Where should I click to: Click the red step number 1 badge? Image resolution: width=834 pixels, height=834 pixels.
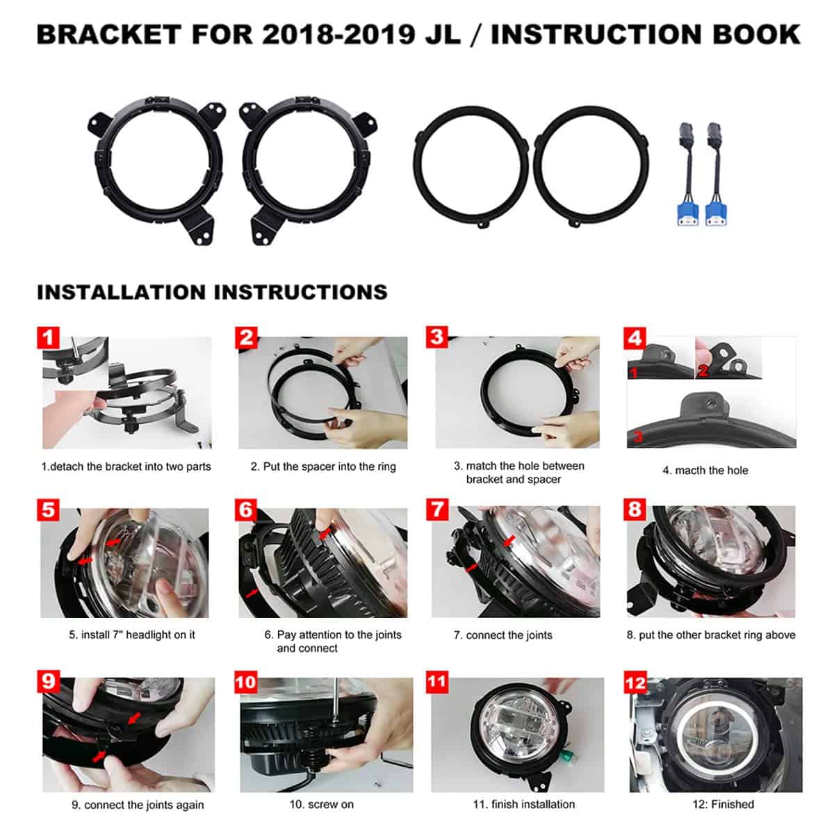coord(48,338)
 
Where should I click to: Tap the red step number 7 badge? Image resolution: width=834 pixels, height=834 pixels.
coord(436,509)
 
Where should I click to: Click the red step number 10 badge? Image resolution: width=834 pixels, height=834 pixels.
coord(245,682)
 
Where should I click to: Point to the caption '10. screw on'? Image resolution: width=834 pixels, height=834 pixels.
coord(322,804)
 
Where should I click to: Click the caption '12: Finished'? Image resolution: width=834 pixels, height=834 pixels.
coord(723,804)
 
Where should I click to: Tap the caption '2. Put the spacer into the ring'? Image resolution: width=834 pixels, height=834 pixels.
coord(323,466)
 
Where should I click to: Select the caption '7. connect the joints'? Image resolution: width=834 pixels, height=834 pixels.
coord(503,635)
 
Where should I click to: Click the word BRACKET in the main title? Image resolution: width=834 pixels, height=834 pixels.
coord(109,35)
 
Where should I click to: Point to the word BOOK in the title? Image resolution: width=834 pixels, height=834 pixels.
coord(757,35)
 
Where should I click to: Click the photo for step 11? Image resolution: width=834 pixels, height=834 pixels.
coord(517,735)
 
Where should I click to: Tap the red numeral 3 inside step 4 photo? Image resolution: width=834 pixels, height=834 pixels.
coord(637,436)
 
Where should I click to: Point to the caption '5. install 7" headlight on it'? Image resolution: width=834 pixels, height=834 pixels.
coord(132,635)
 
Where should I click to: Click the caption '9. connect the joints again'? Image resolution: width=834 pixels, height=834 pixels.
coord(138,805)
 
